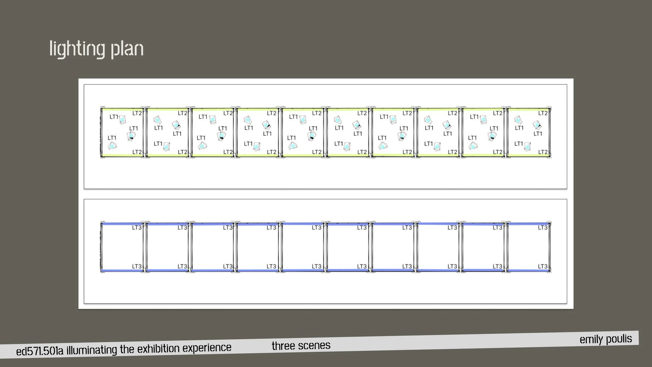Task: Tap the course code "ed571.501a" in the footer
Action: coord(40,351)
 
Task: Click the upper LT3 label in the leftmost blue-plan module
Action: coord(137,228)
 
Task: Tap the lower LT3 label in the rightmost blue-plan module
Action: coord(543,267)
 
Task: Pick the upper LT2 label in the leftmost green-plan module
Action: coord(137,113)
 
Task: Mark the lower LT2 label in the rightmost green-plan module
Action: coord(543,152)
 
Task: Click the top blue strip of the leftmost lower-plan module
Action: coord(122,224)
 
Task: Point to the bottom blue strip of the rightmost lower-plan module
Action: coord(529,270)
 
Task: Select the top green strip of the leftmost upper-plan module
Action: coord(122,110)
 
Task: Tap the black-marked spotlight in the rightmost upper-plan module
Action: coord(537,125)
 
